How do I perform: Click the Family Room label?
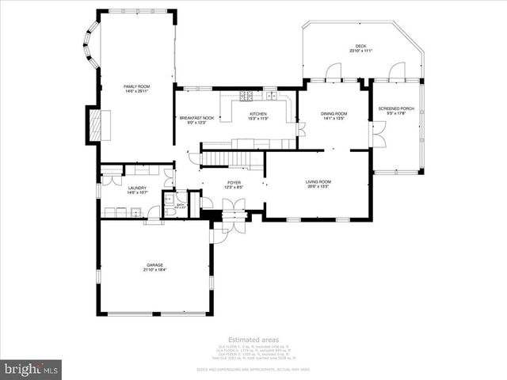pyautogui.click(x=135, y=88)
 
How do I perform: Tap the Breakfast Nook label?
pyautogui.click(x=196, y=120)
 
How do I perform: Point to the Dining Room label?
pyautogui.click(x=334, y=116)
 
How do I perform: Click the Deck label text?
pyautogui.click(x=360, y=48)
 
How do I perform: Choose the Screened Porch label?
pyautogui.click(x=395, y=110)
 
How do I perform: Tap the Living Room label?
pyautogui.click(x=318, y=184)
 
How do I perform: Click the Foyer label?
pyautogui.click(x=234, y=184)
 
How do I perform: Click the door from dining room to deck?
pyautogui.click(x=337, y=74)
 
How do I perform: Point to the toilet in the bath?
pyautogui.click(x=169, y=209)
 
